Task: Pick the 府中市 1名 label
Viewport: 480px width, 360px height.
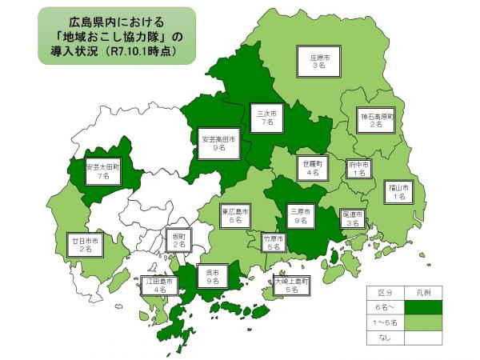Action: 358,167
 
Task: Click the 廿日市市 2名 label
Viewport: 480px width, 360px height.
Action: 85,244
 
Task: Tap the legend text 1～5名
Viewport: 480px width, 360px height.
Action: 386,322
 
